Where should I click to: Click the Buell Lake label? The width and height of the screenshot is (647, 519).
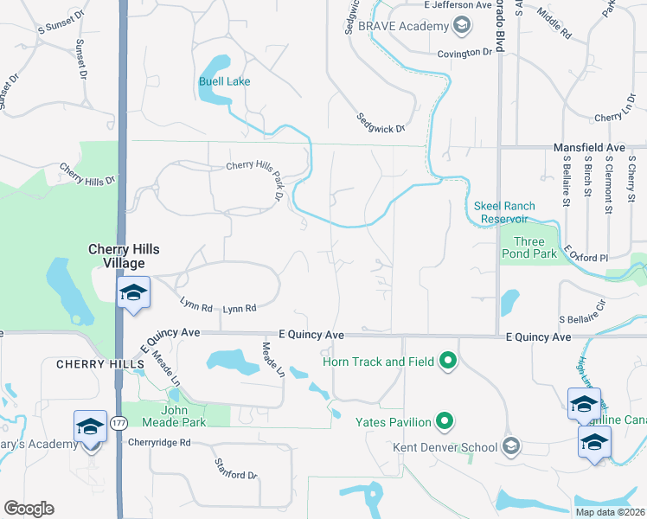(x=224, y=82)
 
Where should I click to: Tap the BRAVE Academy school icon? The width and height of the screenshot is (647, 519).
(x=462, y=26)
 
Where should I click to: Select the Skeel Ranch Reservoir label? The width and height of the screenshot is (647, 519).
(x=504, y=213)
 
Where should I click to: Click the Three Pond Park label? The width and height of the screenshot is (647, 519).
(x=529, y=248)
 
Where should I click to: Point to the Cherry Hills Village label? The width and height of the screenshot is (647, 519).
(x=124, y=256)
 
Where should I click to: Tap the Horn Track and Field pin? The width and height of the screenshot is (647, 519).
(x=447, y=360)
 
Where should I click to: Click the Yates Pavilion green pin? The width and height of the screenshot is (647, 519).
(x=445, y=422)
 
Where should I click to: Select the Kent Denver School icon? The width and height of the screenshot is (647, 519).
(x=511, y=446)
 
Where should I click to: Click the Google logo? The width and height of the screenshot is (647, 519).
(x=29, y=509)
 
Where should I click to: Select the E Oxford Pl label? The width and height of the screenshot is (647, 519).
(x=586, y=253)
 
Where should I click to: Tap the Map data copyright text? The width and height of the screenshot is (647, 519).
(x=610, y=512)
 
